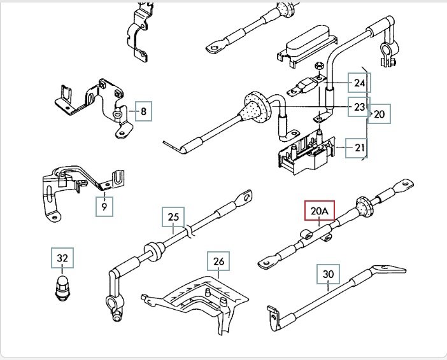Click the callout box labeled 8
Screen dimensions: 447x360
click(143, 111)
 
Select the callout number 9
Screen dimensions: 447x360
click(104, 207)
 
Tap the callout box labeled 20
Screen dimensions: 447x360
click(379, 114)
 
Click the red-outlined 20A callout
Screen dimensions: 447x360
click(320, 211)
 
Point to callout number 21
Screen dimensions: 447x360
click(357, 148)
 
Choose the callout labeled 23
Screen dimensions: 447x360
click(359, 107)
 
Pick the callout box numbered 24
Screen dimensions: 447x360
click(359, 83)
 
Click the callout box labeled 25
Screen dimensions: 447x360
click(173, 217)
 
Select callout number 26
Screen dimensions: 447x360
click(218, 261)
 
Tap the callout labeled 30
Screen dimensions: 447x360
click(328, 274)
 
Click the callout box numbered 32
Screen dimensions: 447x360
click(62, 258)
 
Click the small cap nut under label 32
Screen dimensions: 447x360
click(62, 288)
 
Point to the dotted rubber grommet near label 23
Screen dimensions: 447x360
click(256, 107)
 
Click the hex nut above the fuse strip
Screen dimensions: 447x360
click(319, 66)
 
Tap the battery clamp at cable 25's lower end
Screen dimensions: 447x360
click(115, 305)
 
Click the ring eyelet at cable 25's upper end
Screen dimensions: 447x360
click(245, 197)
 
